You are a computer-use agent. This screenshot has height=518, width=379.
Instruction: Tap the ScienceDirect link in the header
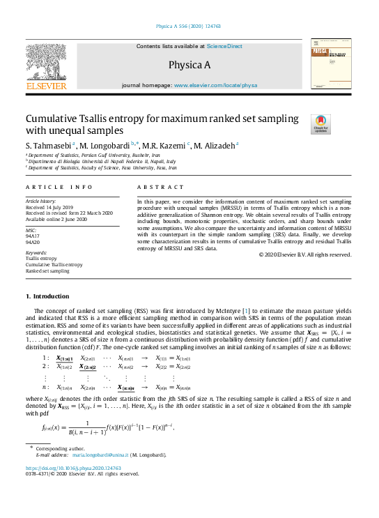(x=224, y=46)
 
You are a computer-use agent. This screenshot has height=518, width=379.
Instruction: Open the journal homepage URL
(x=215, y=85)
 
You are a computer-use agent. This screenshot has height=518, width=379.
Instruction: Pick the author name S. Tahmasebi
(x=48, y=145)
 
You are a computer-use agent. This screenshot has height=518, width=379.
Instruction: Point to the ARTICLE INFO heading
(x=59, y=188)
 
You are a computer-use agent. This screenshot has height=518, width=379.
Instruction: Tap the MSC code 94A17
(x=33, y=236)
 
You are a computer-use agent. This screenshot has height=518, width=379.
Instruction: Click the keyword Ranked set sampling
(x=47, y=271)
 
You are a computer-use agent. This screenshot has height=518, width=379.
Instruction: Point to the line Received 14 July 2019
(x=51, y=207)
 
